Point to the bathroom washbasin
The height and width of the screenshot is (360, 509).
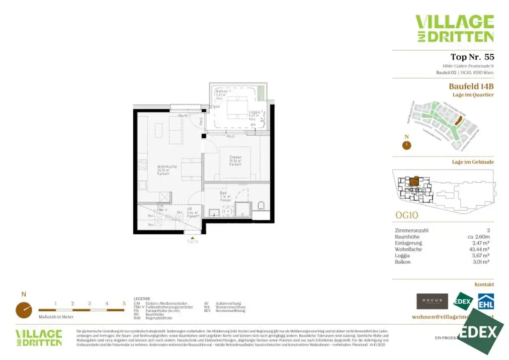coord(213,212)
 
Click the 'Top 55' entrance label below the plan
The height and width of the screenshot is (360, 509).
coord(192,241)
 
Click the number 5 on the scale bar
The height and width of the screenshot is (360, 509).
coord(124,303)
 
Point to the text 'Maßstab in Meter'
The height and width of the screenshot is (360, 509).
coord(56,317)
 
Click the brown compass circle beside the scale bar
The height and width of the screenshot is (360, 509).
coord(23,310)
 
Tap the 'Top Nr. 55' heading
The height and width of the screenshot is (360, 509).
coord(472,57)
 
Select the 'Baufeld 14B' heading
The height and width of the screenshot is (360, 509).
coord(471,87)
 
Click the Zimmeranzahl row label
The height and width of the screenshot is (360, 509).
coord(411,231)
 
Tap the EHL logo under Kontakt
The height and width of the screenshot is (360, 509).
coord(486,301)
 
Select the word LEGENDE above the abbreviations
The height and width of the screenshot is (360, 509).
coord(142,299)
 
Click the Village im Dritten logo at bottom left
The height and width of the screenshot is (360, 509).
coord(39,338)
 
